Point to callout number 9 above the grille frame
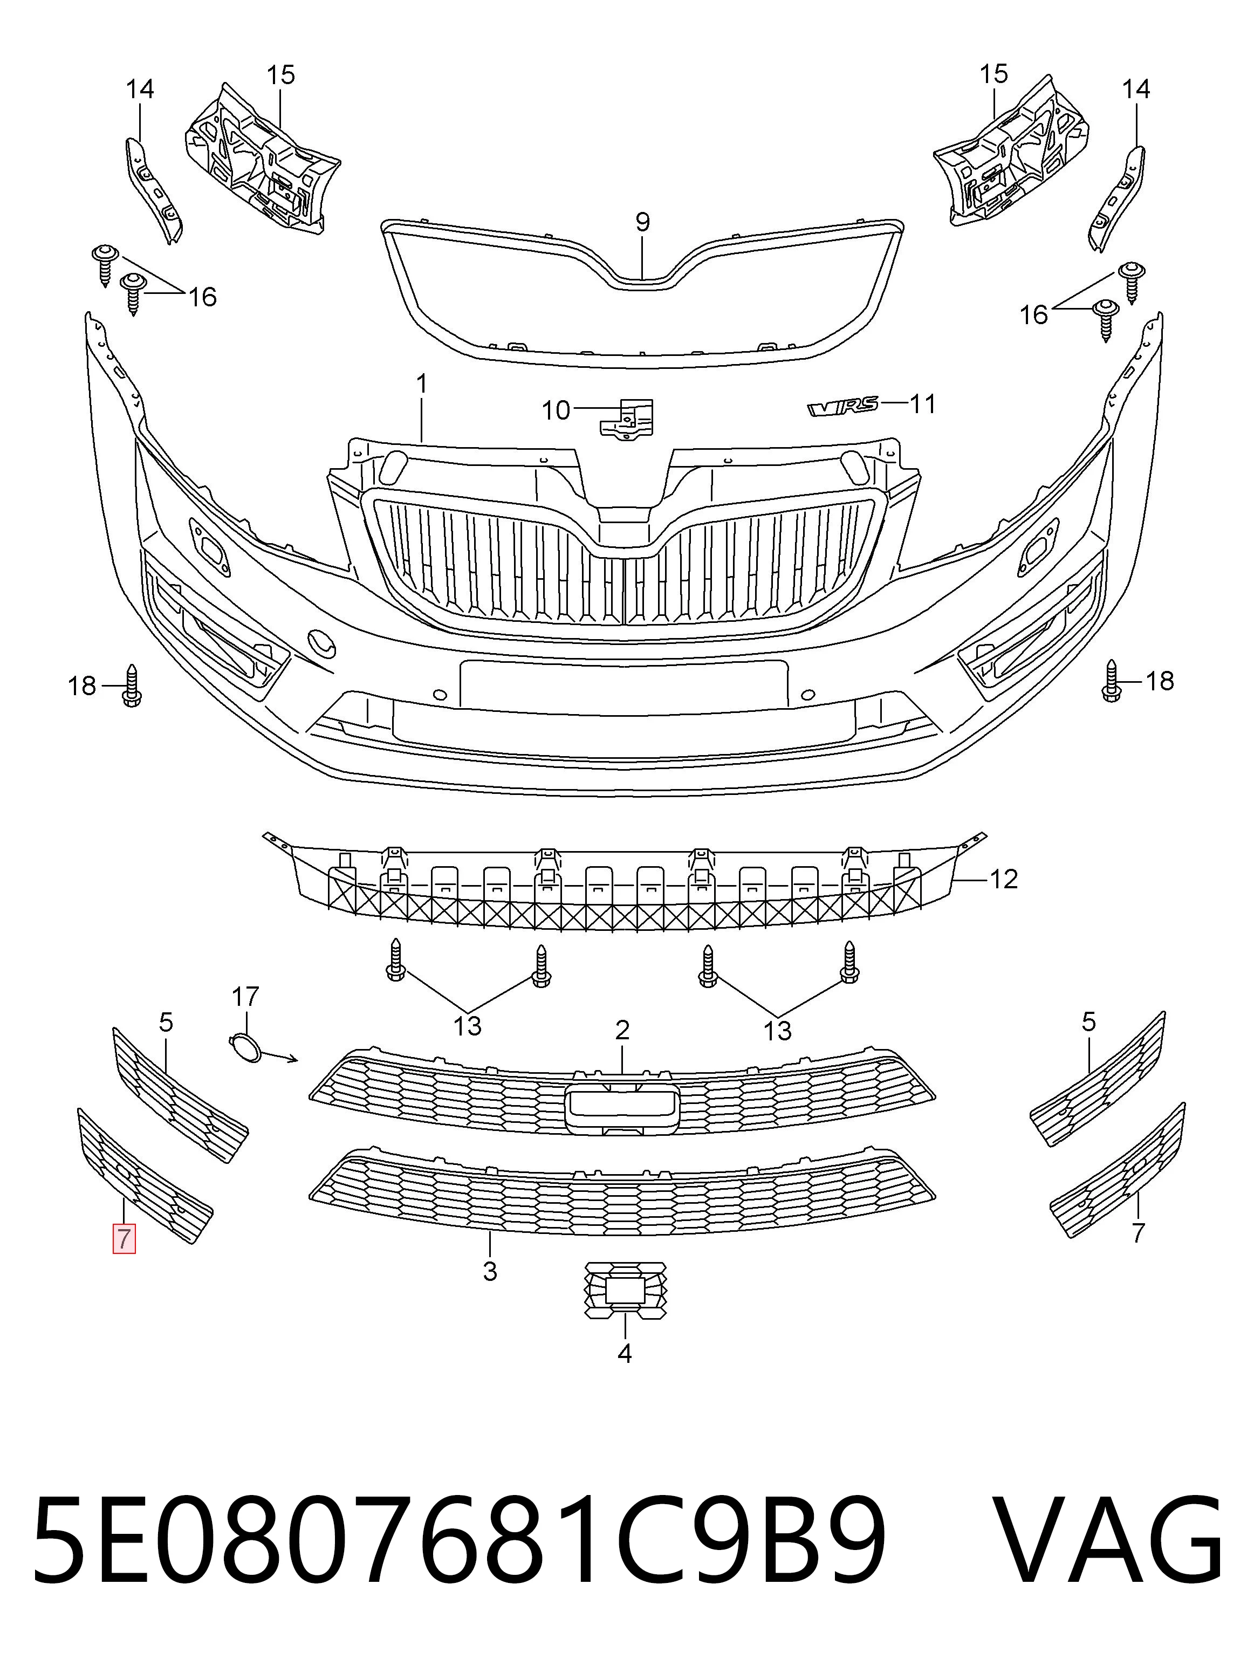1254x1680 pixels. [x=642, y=222]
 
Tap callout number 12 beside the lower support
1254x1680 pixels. [x=1004, y=879]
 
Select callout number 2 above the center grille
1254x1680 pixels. [x=622, y=1030]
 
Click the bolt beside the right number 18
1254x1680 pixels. [x=1112, y=680]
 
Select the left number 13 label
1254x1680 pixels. [x=468, y=1026]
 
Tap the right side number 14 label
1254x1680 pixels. [x=1136, y=90]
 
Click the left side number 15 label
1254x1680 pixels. [x=280, y=75]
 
